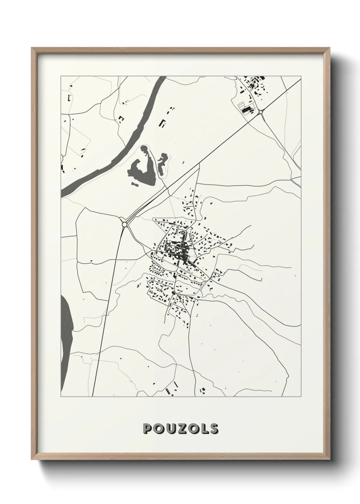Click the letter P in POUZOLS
click(x=148, y=428)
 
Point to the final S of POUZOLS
click(x=213, y=428)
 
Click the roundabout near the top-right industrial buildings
click(x=261, y=112)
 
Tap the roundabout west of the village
click(x=125, y=224)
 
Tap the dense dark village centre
click(x=177, y=250)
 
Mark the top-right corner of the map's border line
click(x=301, y=76)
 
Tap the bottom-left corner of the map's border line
click(x=61, y=396)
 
